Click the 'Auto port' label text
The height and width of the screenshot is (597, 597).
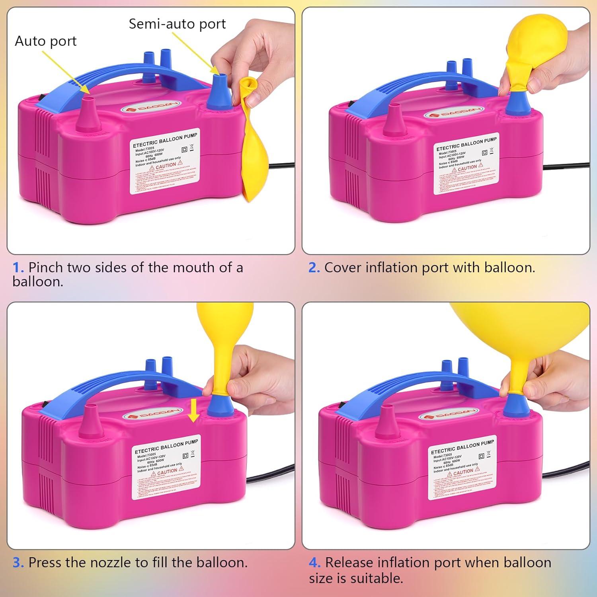[x=45, y=41]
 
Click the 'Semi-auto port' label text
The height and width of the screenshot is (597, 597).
[x=177, y=24]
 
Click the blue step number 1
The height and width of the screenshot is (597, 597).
[x=18, y=267]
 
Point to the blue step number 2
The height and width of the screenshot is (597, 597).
[x=314, y=267]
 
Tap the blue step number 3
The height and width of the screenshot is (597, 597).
[x=18, y=563]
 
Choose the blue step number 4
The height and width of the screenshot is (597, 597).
[x=314, y=563]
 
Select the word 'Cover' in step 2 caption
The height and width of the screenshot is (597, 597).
[x=343, y=267]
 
